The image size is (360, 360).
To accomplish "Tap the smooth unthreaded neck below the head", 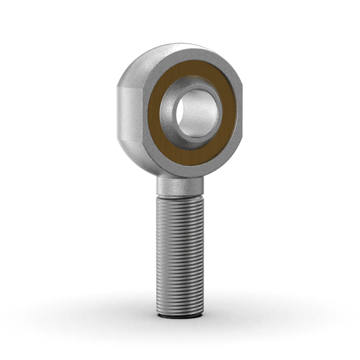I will [x=179, y=187].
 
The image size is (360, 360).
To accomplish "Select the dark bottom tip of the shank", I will [x=180, y=315].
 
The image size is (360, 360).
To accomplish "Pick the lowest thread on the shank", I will [x=180, y=308].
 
